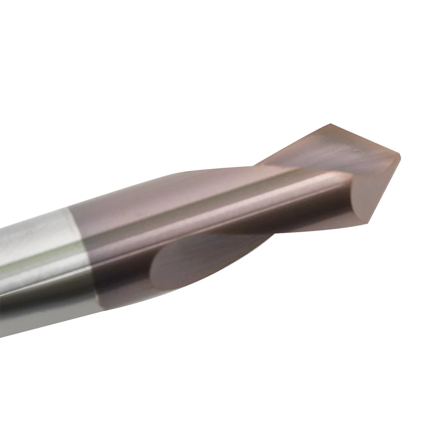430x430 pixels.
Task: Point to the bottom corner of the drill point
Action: [369, 222]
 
